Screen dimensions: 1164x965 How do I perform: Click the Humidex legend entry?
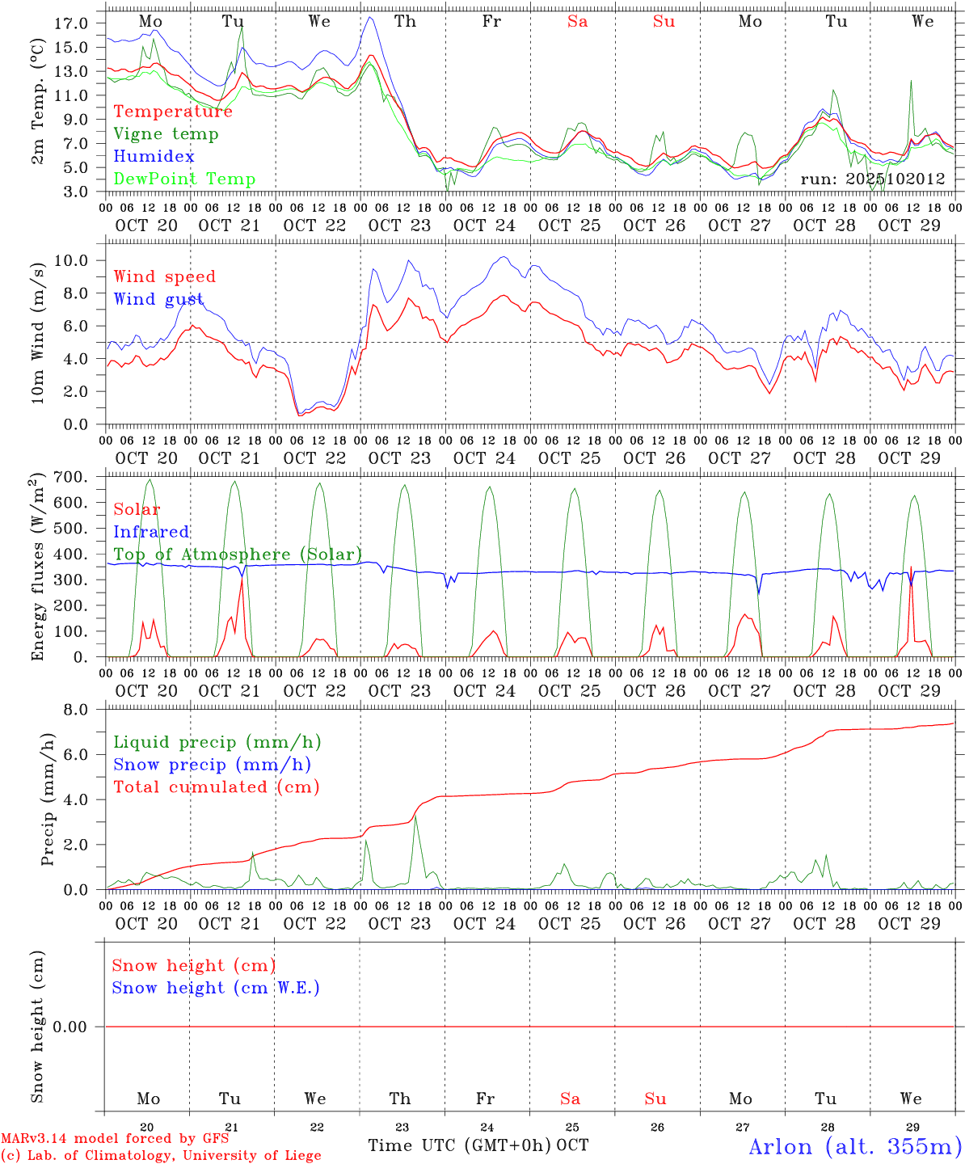154,157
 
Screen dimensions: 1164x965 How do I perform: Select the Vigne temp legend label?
166,134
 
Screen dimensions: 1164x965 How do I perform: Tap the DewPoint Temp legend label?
184,179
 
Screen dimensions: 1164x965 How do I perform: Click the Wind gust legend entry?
158,300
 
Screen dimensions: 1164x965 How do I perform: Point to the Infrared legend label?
151,532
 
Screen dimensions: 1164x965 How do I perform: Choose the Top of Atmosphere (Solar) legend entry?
238,555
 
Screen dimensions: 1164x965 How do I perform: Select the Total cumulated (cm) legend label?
217,787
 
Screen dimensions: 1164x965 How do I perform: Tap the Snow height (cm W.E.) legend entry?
216,988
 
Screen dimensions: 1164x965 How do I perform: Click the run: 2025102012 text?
873,179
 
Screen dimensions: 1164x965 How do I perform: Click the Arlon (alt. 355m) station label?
855,1146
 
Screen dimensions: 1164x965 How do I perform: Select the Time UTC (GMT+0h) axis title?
460,1145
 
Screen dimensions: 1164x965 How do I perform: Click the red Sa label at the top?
577,22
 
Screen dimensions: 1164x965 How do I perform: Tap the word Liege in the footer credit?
300,1156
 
